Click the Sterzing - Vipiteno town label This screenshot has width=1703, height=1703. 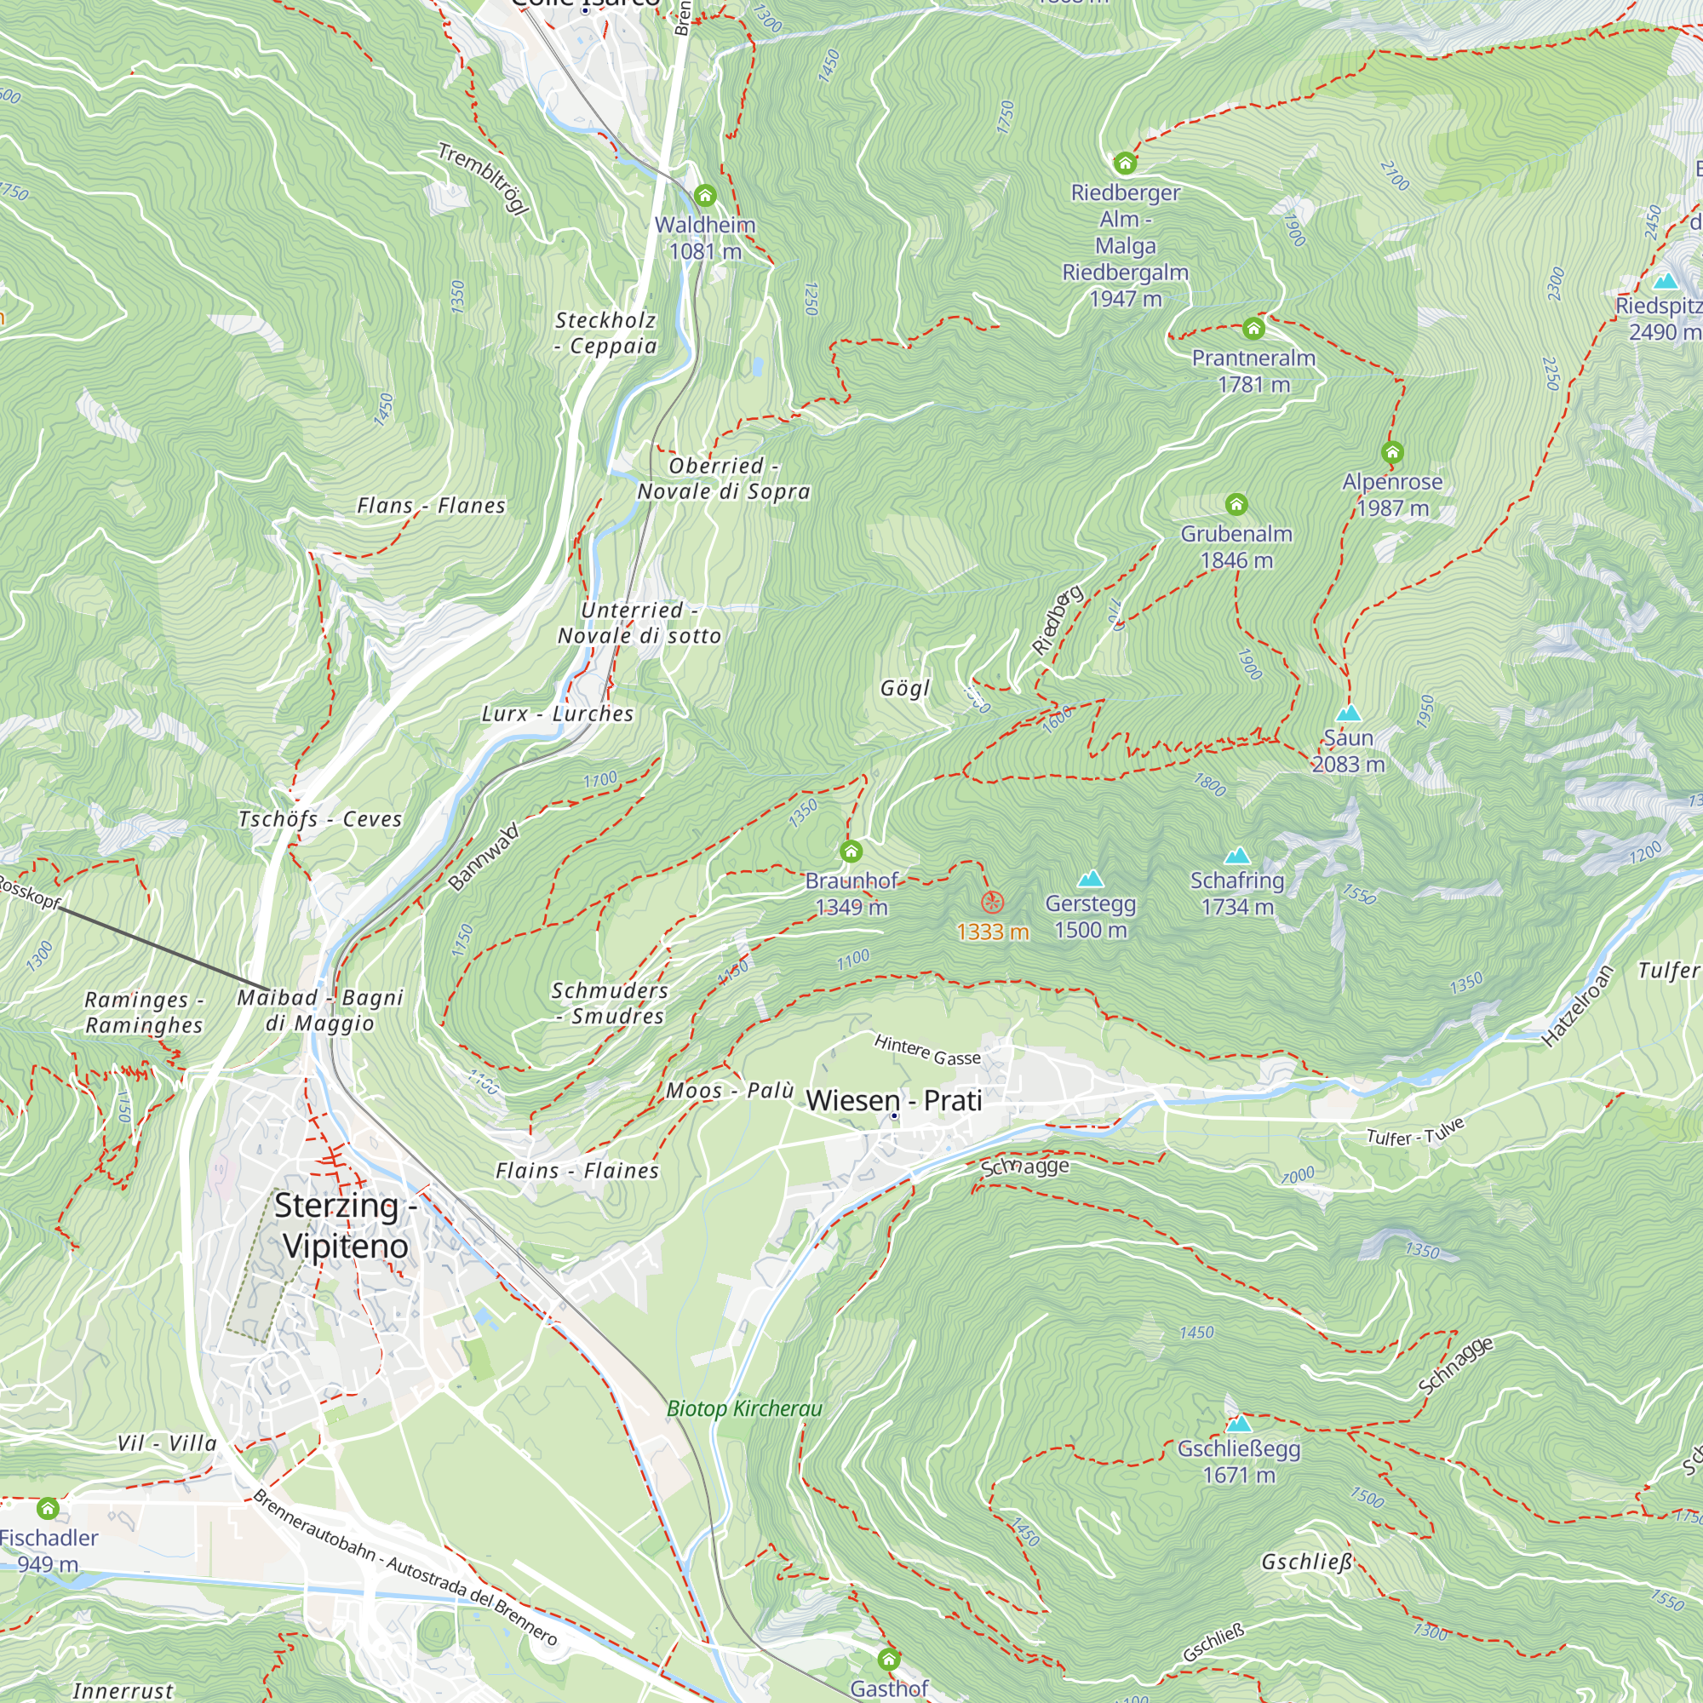coord(345,1225)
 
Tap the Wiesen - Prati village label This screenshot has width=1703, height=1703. coord(894,1100)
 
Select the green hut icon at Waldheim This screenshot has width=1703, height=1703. coord(705,196)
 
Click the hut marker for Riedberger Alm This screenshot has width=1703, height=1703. coord(1125,163)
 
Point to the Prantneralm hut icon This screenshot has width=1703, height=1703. coord(1253,330)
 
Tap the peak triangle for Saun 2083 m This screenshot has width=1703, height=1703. coord(1349,713)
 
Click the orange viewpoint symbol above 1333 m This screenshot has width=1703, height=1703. coord(993,902)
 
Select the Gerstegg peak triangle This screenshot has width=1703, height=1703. coord(1092,879)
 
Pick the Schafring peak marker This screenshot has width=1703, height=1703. coord(1237,856)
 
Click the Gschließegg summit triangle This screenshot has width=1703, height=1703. coord(1239,1424)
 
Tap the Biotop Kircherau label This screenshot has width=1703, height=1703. coord(744,1408)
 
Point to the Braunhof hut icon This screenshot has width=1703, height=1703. coord(851,851)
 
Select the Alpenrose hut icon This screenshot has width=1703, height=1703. coord(1393,453)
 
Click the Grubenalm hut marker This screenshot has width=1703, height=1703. coord(1236,504)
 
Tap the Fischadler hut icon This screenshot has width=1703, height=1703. coord(48,1508)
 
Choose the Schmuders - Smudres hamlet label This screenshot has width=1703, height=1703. coord(608,1003)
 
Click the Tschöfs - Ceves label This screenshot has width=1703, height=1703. coord(320,819)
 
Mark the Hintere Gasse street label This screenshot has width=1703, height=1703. coord(927,1050)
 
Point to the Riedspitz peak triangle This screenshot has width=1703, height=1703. coord(1665,282)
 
